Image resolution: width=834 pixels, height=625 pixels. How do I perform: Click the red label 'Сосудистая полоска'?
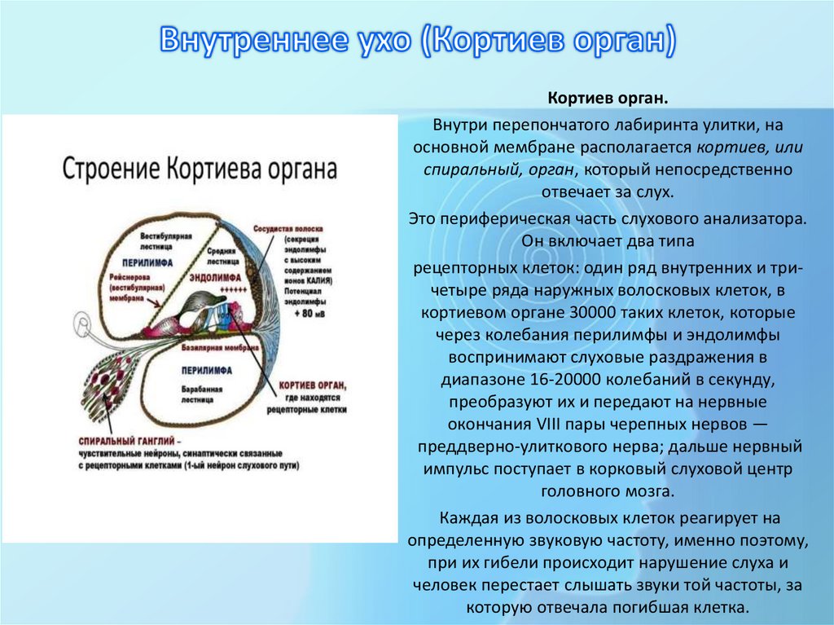click(x=288, y=230)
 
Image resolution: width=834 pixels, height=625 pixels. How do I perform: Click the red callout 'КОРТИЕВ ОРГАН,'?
click(x=314, y=384)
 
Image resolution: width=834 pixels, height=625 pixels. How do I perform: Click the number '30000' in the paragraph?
click(x=555, y=313)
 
